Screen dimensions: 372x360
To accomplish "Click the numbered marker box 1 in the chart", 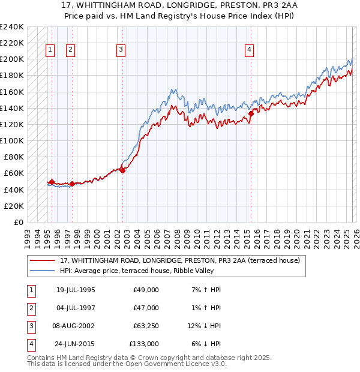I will [x=50, y=50].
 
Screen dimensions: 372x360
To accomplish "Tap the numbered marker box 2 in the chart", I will [x=70, y=50].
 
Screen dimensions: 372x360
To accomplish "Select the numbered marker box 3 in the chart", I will [x=121, y=50].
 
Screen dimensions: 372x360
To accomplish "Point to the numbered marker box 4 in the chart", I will [x=248, y=50].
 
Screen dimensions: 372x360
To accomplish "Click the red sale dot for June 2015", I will [x=251, y=113].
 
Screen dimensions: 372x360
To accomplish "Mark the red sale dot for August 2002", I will [x=122, y=170].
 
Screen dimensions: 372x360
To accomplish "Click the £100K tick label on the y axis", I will [x=12, y=140].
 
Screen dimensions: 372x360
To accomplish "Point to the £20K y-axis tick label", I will [x=14, y=206].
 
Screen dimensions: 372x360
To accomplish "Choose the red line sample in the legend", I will [x=43, y=260].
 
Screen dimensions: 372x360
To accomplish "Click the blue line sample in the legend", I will [x=43, y=271].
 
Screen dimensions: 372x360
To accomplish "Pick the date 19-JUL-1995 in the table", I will [x=76, y=290].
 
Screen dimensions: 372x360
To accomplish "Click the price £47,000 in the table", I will [x=146, y=308].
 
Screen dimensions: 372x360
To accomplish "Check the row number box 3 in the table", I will [x=30, y=326].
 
